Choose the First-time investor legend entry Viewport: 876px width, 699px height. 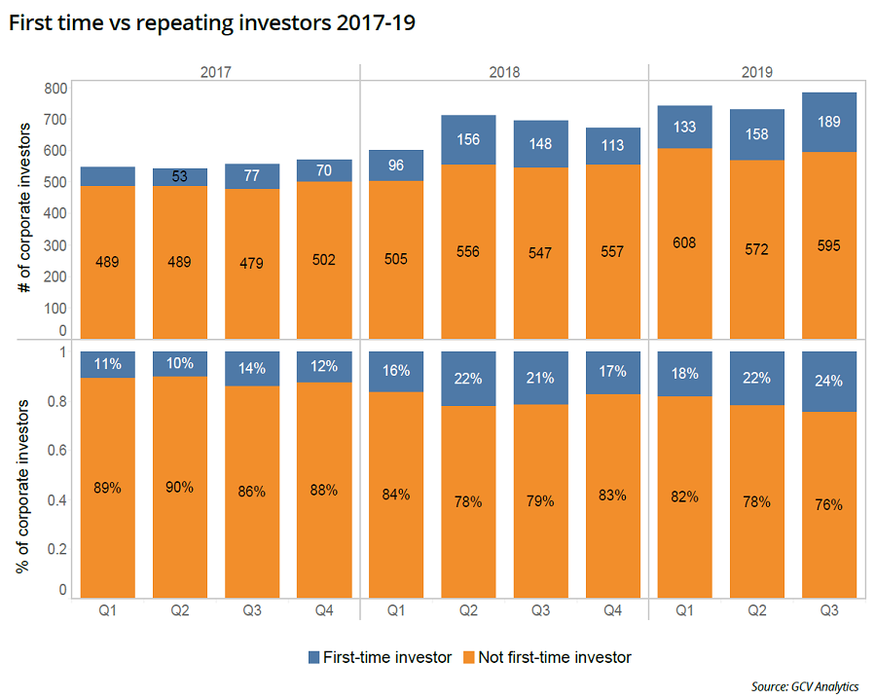tap(381, 657)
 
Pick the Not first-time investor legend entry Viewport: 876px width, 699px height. tap(542, 657)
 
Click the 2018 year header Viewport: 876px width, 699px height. tap(504, 72)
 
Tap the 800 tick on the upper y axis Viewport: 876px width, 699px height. tap(55, 89)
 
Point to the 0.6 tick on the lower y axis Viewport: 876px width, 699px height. tap(56, 451)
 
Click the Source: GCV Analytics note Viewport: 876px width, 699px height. tap(805, 685)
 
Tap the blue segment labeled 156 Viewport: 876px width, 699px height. tap(469, 140)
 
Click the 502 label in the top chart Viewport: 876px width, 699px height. tap(325, 260)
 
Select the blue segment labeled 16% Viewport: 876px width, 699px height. tap(397, 372)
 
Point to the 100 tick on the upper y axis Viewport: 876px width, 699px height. tap(55, 307)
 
